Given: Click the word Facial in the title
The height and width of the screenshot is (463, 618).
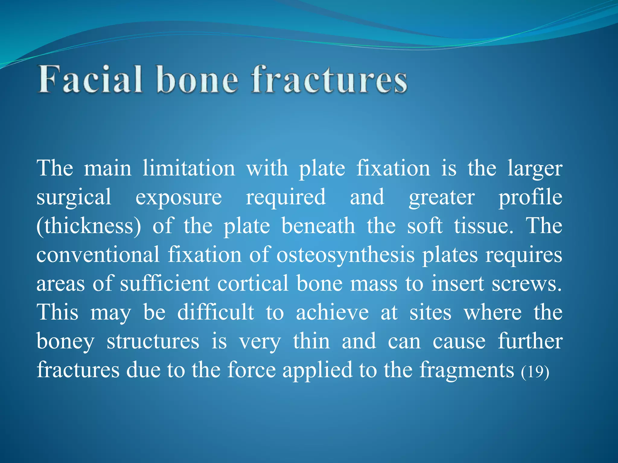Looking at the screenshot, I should [x=90, y=80].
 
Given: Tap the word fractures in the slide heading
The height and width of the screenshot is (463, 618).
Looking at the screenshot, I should [x=330, y=80].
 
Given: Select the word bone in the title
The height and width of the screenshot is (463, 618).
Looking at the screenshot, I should [x=198, y=80].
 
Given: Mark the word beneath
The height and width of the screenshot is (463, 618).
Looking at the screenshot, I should [x=318, y=226].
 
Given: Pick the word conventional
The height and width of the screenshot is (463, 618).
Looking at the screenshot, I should [x=98, y=255].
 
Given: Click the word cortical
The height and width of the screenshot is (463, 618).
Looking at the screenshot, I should [x=253, y=283].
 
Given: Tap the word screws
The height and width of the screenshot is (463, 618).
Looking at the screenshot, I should [x=527, y=284].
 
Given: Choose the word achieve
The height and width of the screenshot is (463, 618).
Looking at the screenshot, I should [x=332, y=312].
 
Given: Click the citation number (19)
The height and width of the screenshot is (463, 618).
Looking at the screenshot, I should [x=535, y=371].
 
